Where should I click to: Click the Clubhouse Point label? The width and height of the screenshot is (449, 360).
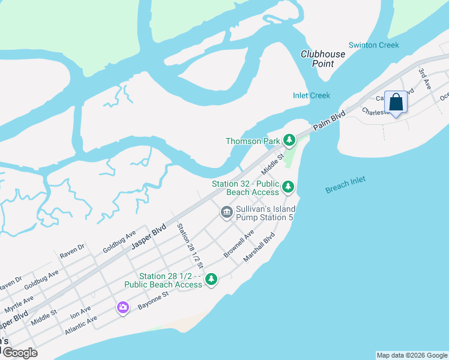tap(323, 59)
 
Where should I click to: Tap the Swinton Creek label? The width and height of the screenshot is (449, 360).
tap(373, 46)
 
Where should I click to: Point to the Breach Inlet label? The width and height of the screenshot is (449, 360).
tap(345, 185)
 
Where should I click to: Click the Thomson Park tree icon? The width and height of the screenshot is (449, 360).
tap(289, 141)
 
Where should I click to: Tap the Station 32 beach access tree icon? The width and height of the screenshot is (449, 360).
tap(288, 187)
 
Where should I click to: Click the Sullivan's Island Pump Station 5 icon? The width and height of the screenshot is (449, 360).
tap(226, 212)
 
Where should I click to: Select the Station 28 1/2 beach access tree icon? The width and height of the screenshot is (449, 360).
tap(211, 279)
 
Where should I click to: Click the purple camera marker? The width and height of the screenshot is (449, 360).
tap(123, 307)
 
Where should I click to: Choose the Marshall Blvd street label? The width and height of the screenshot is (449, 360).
tap(259, 247)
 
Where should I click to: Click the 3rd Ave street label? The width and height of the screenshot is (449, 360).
tap(424, 78)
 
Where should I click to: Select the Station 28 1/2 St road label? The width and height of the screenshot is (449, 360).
tap(190, 246)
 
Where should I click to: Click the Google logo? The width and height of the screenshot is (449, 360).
tap(19, 353)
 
